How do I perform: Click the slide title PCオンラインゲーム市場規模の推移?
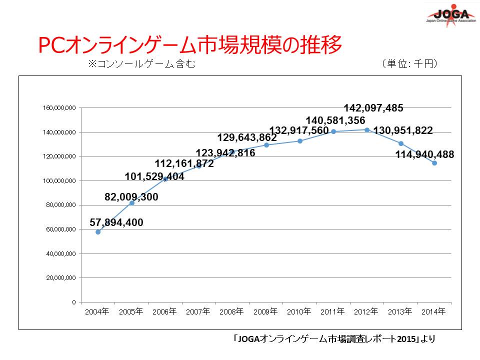click(190, 45)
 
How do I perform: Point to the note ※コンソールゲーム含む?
click(141, 64)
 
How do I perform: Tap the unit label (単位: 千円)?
click(409, 63)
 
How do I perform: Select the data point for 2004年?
click(98, 232)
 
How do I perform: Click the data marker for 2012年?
click(367, 130)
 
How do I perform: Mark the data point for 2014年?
click(434, 163)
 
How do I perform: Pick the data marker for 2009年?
click(266, 145)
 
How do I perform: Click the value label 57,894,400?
click(116, 222)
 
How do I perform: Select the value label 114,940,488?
click(424, 155)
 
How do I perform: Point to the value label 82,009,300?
click(131, 197)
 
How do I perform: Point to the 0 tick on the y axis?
click(73, 302)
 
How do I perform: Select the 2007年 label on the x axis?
click(198, 311)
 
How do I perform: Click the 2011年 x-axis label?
click(332, 311)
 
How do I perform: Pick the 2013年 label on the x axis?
click(400, 311)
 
